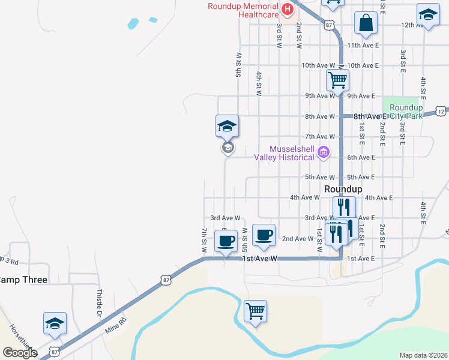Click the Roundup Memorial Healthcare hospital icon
(x=288, y=10)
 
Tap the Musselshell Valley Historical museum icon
(x=324, y=152)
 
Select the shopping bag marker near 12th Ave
(x=366, y=24)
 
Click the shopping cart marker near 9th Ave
(x=338, y=79)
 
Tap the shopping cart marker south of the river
(x=256, y=311)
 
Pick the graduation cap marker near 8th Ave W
(x=228, y=126)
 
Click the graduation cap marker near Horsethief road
(x=55, y=324)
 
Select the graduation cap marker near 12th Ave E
(x=428, y=16)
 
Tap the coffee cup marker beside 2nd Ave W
(x=263, y=235)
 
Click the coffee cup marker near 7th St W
(x=226, y=242)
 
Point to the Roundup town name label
(x=343, y=188)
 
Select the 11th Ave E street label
(x=363, y=45)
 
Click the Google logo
(x=19, y=353)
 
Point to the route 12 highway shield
(x=441, y=111)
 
